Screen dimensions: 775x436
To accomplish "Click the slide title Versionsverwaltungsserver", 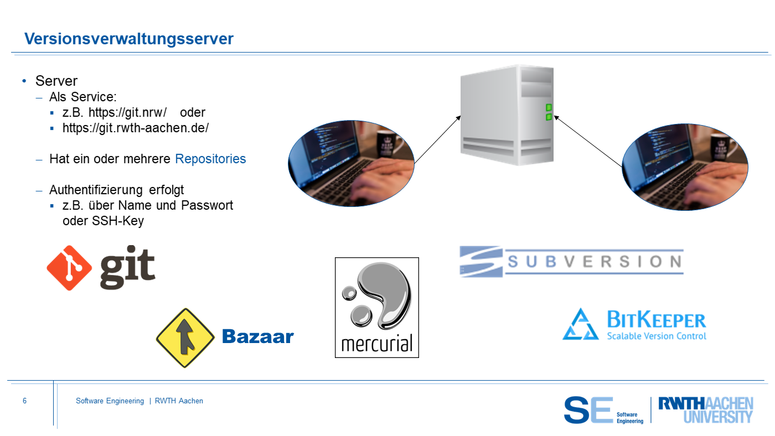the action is [128, 39].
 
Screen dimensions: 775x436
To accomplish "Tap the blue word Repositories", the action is [210, 159].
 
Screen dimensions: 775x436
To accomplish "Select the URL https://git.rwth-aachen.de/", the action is [136, 128].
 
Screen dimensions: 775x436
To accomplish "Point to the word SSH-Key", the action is [117, 221].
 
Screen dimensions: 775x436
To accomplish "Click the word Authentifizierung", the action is [96, 190].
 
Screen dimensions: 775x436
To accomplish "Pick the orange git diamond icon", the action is [69, 268].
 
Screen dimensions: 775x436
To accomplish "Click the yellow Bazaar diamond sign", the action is [185, 338].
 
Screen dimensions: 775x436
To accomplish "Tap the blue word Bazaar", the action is [258, 336].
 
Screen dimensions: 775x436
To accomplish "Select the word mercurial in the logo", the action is [377, 344].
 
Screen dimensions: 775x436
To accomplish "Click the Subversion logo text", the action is [595, 261].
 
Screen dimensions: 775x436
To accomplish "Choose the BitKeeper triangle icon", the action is [581, 324].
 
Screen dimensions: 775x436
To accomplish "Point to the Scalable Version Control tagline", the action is [657, 336].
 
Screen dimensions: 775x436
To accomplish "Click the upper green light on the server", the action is [549, 107].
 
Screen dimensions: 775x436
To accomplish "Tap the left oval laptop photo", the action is [351, 164].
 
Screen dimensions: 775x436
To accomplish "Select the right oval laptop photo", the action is [685, 167].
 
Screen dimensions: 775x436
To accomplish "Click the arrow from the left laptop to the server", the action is [438, 139].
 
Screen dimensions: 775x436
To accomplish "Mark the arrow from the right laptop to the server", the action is [588, 142].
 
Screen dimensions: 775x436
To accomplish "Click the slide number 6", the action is [24, 401].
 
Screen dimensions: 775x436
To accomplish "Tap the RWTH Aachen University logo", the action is [706, 410].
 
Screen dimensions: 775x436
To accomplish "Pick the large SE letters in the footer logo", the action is [588, 410].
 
